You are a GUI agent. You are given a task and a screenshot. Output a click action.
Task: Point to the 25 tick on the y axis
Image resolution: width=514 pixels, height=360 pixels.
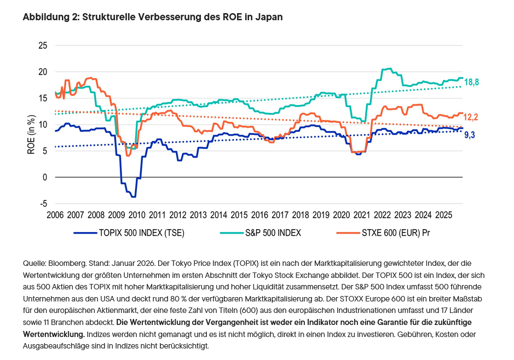pos(42,45)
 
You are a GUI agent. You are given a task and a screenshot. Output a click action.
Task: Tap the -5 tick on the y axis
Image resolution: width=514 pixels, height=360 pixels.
pos(43,204)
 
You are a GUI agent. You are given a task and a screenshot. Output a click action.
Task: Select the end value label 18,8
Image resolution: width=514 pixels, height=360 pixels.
pos(472,82)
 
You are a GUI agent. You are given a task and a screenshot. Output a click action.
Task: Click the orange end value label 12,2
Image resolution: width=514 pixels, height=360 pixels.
pos(472,117)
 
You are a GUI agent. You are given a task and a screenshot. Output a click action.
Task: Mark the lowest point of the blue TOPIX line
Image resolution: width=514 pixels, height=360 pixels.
pos(134,196)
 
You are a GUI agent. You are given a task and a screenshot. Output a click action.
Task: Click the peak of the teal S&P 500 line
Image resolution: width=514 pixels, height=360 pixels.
pos(388,68)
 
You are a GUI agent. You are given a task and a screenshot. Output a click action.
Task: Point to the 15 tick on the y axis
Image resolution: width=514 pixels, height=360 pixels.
pos(42,98)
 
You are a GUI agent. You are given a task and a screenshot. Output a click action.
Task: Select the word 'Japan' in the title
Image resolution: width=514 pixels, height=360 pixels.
pos(270,17)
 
